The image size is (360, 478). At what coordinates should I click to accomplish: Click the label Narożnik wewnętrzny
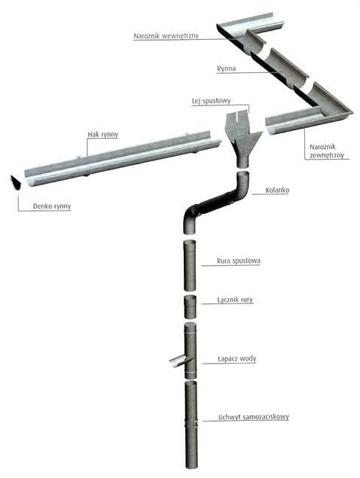(x=166, y=35)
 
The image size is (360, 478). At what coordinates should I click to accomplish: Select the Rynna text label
(x=226, y=69)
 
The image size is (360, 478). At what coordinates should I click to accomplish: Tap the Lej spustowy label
(x=211, y=101)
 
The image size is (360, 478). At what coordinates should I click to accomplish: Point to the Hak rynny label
(x=103, y=135)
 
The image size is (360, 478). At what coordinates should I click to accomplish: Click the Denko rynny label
(x=52, y=206)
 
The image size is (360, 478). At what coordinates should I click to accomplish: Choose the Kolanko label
(x=277, y=190)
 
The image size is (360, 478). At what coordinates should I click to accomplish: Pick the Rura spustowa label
(x=239, y=260)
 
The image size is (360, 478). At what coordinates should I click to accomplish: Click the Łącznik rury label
(x=235, y=300)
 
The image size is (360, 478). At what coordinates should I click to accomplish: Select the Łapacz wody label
(x=237, y=358)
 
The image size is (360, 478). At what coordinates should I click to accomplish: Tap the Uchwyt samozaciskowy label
(x=254, y=417)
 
